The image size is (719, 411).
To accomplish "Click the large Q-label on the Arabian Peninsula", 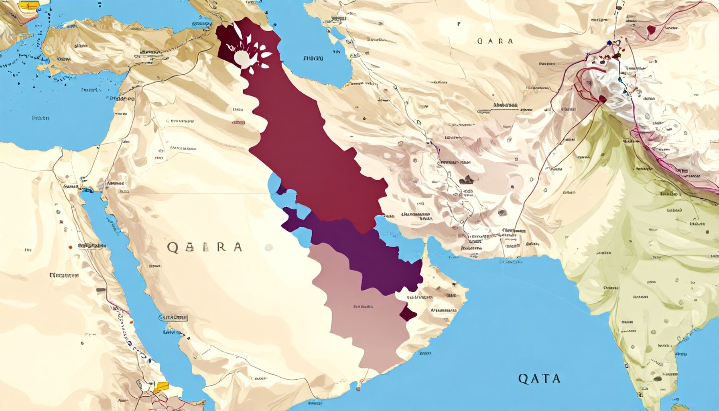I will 204,247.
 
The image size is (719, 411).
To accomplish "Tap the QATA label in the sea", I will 539,378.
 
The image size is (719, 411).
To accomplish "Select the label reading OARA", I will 495,41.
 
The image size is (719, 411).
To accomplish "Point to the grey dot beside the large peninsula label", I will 269,248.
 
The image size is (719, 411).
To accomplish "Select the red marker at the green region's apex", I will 602,99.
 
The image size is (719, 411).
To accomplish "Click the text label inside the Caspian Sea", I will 313,58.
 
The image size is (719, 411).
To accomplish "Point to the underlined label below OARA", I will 505,106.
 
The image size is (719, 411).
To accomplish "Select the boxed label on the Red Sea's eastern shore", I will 173,318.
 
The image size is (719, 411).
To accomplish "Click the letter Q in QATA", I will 523,378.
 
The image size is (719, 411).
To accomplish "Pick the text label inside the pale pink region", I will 363,307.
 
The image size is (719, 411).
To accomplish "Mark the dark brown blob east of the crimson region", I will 466,181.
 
